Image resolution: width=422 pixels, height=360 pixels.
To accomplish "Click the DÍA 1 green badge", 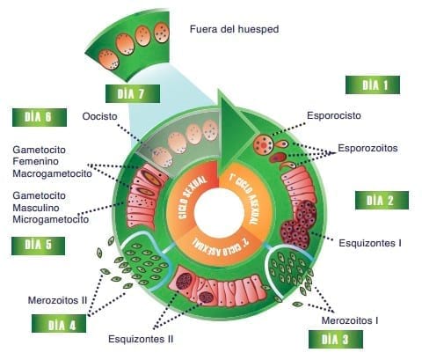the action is pyautogui.click(x=373, y=85).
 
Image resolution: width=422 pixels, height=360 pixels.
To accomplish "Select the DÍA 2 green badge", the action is pyautogui.click(x=382, y=201).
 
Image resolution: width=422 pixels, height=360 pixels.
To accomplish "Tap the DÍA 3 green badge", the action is pyautogui.click(x=336, y=339).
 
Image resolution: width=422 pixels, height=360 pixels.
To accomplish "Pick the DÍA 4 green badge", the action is pyautogui.click(x=59, y=324).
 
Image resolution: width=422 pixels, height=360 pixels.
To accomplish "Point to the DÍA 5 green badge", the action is pyautogui.click(x=38, y=246).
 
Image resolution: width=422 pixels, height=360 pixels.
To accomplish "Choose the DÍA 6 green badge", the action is pyautogui.click(x=40, y=117).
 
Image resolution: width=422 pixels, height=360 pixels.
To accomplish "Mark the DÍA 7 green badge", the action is pyautogui.click(x=133, y=94).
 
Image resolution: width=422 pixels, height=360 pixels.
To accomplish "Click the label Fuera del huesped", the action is pyautogui.click(x=234, y=29).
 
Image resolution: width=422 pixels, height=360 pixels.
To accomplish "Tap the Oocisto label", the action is pyautogui.click(x=99, y=116).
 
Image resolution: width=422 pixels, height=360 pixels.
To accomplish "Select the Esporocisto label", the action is pyautogui.click(x=334, y=115).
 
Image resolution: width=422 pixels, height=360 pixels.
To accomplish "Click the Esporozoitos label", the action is pyautogui.click(x=367, y=148).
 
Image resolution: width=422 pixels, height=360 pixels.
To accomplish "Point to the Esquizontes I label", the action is pyautogui.click(x=370, y=243).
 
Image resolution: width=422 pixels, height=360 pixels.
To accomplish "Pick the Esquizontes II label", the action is pyautogui.click(x=141, y=339).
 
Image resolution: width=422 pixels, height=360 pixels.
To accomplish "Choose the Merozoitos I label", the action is pyautogui.click(x=350, y=320).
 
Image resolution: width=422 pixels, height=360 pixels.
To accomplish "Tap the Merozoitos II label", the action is pyautogui.click(x=57, y=300).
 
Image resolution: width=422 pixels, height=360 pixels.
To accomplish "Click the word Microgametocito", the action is pyautogui.click(x=51, y=219).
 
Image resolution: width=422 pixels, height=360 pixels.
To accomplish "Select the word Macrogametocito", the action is pyautogui.click(x=52, y=173).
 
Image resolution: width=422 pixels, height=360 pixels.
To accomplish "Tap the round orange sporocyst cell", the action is pyautogui.click(x=264, y=144).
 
